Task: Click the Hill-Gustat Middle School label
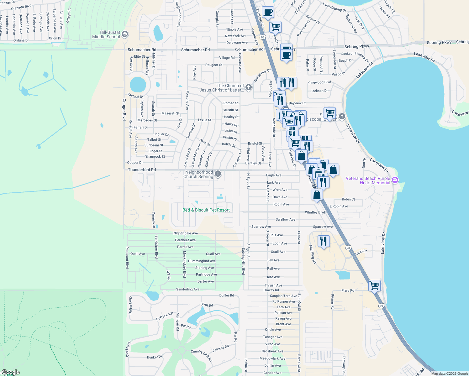[x=106, y=34]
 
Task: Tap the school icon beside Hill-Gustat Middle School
[x=125, y=34]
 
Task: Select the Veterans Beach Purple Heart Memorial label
[x=368, y=180]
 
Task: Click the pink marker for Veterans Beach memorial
[x=395, y=180]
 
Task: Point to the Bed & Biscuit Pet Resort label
[x=206, y=210]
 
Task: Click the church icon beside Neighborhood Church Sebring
[x=218, y=174]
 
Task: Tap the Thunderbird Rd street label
[x=142, y=170]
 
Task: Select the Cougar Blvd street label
[x=124, y=109]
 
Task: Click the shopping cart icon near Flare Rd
[x=374, y=285]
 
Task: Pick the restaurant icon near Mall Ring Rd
[x=324, y=241]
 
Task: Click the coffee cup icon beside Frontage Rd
[x=268, y=12]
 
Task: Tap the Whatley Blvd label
[x=315, y=212]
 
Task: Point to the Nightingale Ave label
[x=186, y=233]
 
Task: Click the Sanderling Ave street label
[x=187, y=289]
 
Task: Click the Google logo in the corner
[x=10, y=372]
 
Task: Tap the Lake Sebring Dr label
[x=334, y=7]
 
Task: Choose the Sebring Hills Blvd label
[x=243, y=261]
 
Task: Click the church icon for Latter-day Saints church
[x=249, y=87]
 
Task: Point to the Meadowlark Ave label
[x=272, y=358]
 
